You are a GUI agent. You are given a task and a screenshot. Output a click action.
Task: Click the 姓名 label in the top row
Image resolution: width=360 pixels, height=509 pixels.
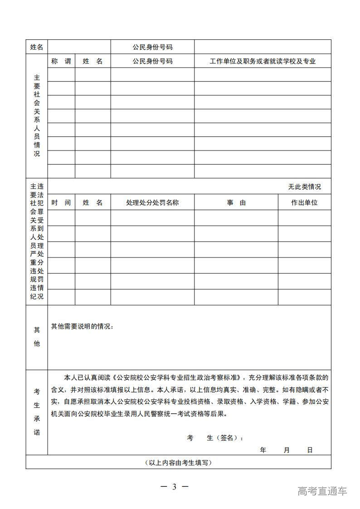(37, 47)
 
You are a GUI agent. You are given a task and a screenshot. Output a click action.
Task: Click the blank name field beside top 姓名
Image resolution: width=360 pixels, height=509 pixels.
(79, 47)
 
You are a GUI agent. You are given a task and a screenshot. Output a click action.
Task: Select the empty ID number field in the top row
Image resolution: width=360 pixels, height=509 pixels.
(263, 47)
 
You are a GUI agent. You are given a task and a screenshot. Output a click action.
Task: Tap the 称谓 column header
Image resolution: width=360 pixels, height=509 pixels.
(61, 61)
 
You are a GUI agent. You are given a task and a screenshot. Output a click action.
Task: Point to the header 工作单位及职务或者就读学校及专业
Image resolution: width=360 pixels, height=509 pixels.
(263, 61)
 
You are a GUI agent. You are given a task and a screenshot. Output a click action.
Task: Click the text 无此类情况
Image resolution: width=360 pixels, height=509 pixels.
(304, 187)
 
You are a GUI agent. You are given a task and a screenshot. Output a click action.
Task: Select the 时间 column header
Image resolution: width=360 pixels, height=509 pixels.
(61, 203)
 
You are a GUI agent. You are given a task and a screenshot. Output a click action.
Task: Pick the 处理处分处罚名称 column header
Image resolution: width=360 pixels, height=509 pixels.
(152, 203)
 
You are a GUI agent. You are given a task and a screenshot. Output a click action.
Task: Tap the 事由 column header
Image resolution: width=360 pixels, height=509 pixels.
(236, 203)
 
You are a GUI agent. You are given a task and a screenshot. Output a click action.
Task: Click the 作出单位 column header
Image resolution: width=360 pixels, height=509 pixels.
(304, 203)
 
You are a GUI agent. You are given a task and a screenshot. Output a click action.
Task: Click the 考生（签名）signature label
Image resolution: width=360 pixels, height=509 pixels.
(216, 438)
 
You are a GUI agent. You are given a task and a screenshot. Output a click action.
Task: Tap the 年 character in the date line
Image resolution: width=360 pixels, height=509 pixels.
(263, 450)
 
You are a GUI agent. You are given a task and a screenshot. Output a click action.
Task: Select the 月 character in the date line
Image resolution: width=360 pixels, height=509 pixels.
(287, 450)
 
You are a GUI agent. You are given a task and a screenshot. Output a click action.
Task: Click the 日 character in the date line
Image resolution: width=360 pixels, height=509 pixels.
(310, 450)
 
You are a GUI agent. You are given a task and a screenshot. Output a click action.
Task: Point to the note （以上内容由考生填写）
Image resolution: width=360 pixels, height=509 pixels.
(178, 462)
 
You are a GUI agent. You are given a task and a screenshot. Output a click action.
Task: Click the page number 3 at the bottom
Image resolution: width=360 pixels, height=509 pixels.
(174, 487)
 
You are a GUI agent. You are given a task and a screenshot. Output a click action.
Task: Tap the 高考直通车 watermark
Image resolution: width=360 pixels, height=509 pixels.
(322, 491)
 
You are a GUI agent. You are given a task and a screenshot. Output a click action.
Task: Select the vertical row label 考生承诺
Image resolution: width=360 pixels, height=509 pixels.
(37, 412)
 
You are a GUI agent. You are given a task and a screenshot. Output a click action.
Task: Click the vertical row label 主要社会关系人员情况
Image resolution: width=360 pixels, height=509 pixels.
(37, 116)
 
